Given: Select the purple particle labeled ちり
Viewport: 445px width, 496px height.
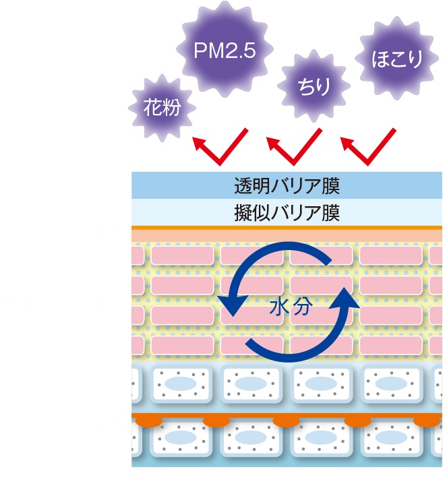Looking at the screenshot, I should pyautogui.click(x=314, y=86).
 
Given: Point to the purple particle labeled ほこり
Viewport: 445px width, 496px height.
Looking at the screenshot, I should pyautogui.click(x=397, y=59).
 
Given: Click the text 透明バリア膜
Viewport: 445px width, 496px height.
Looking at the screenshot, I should pyautogui.click(x=287, y=184).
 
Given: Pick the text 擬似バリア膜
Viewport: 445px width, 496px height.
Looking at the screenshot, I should pyautogui.click(x=287, y=214).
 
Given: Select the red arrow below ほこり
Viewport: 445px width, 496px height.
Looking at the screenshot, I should pyautogui.click(x=367, y=148).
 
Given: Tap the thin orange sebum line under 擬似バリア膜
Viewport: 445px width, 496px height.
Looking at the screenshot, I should pyautogui.click(x=287, y=228).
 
